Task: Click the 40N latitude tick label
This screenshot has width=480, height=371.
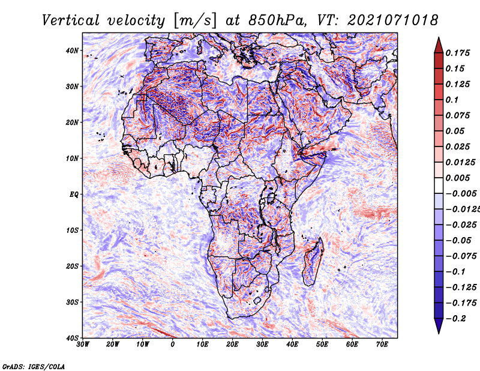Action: pos(72,50)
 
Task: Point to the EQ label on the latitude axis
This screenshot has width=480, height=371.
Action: pos(74,195)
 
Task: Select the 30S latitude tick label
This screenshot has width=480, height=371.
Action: pos(72,303)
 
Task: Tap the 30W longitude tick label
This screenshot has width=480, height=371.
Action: pos(83,345)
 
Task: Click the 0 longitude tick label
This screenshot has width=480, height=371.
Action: pos(173,345)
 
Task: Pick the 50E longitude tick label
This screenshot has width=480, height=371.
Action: pos(322,345)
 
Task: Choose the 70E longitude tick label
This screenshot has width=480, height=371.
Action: pos(382,345)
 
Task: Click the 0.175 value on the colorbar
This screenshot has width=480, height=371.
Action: pos(457,53)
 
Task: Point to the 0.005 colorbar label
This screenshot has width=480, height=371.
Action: pos(457,178)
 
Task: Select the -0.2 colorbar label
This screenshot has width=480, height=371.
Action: pos(455,319)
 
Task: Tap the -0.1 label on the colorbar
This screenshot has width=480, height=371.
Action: pos(455,272)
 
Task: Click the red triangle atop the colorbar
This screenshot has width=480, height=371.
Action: pos(439,45)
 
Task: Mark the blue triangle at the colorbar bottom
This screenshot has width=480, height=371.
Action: pos(439,326)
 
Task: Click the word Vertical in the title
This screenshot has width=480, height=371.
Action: pos(71,20)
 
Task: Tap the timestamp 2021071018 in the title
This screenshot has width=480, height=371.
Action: pos(393,20)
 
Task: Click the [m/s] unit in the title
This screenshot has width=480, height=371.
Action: pos(195,21)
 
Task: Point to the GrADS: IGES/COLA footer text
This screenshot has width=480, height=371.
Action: pos(34,366)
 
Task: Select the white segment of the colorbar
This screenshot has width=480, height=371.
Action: pos(439,185)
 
